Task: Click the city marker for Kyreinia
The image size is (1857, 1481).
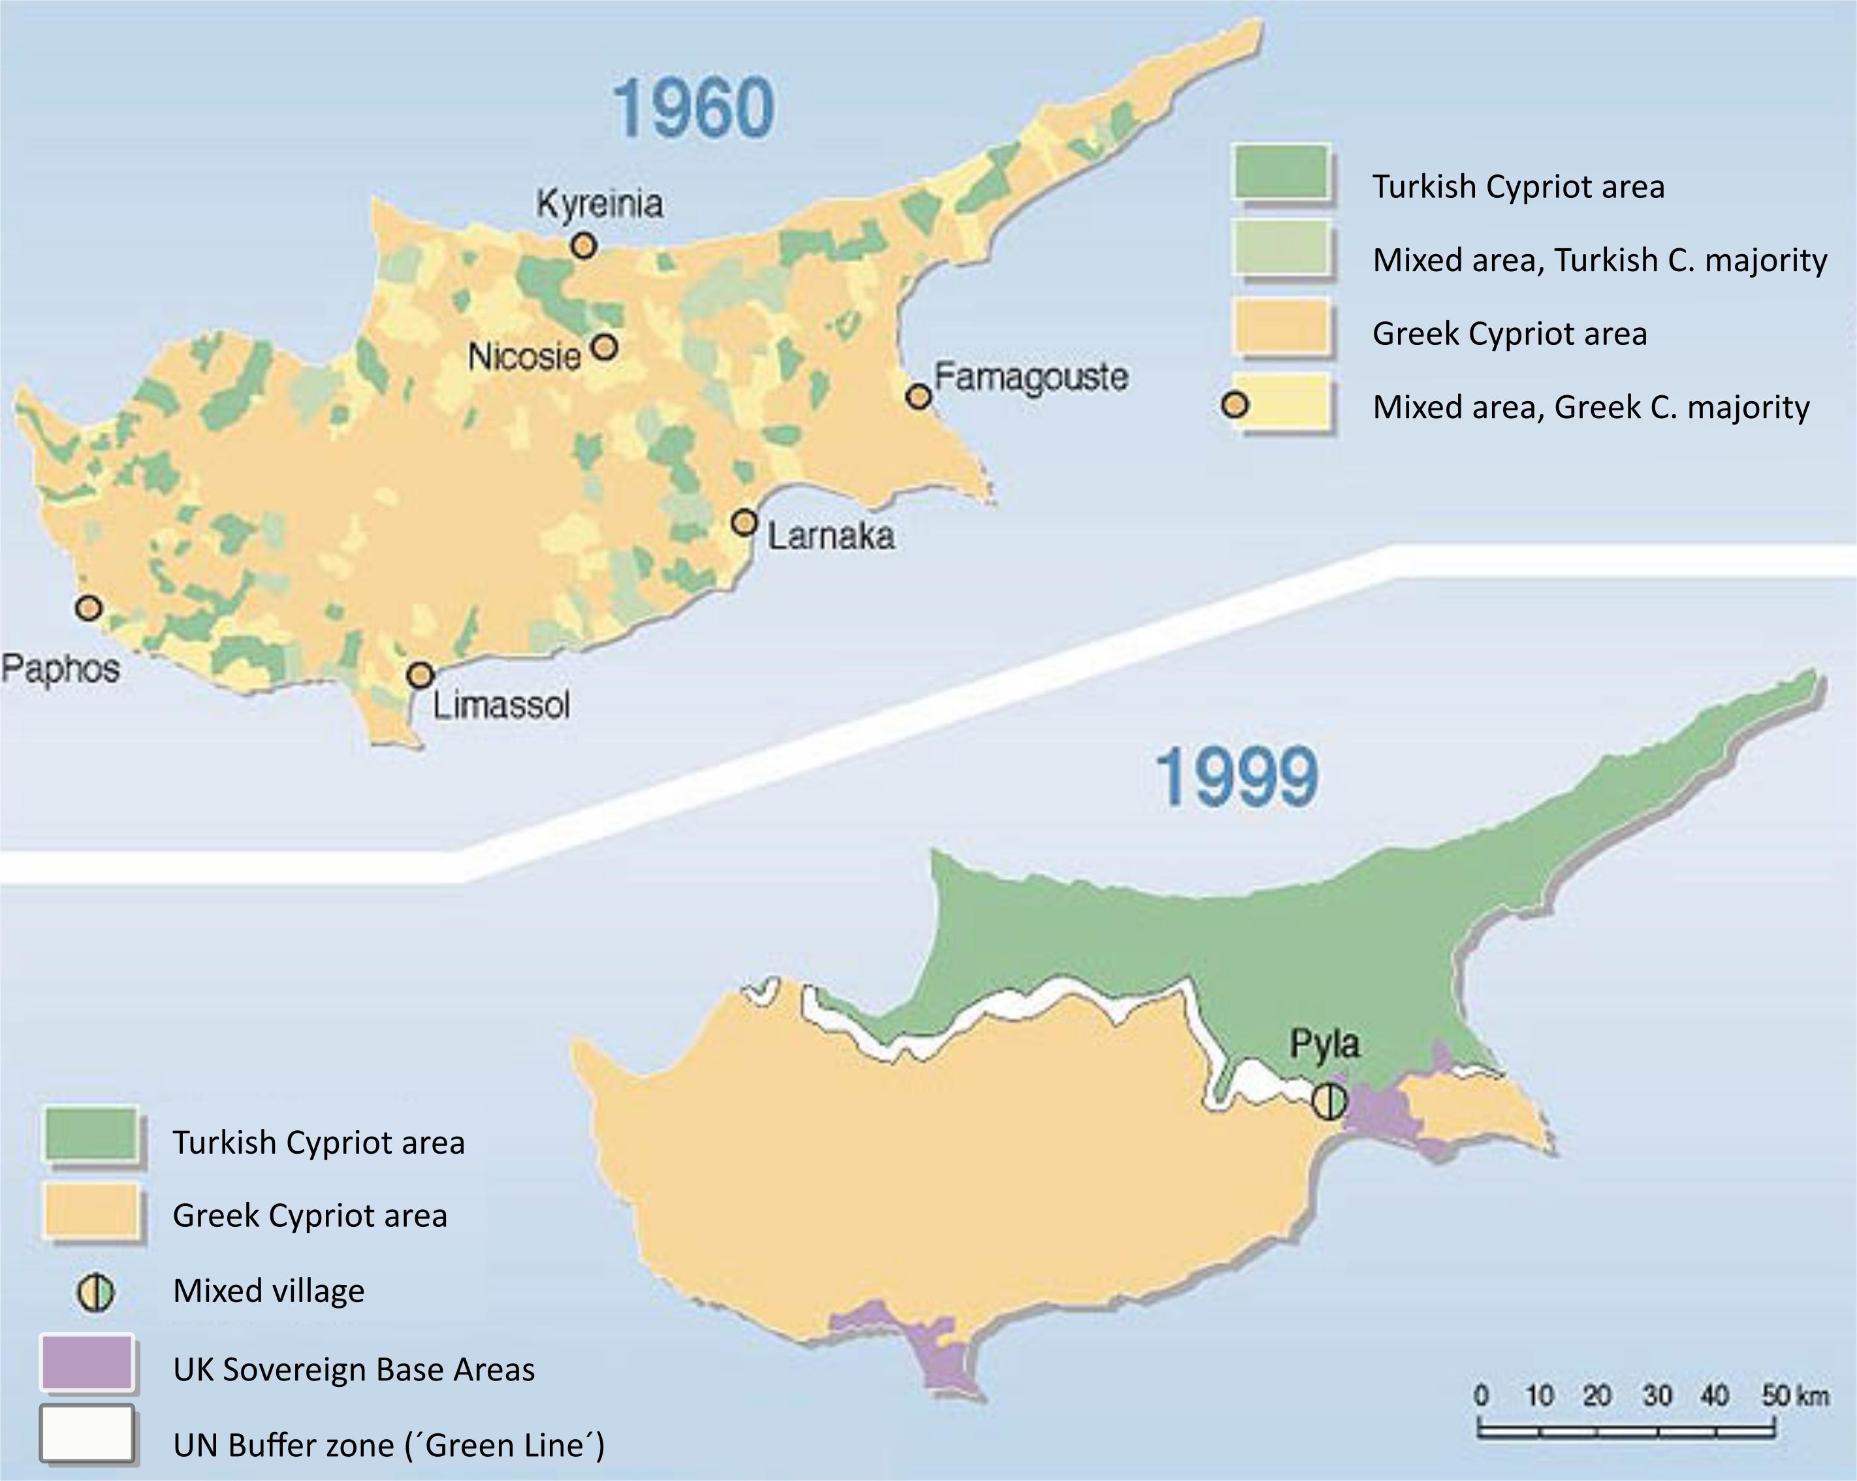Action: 584,246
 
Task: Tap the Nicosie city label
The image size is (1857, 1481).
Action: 524,356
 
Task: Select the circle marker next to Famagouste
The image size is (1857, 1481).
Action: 919,397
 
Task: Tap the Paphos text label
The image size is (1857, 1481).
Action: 60,668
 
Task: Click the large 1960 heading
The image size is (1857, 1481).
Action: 693,108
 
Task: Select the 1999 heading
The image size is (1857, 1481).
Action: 1236,778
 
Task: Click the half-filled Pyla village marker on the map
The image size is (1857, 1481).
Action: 1328,1101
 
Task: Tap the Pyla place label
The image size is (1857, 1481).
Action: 1325,1044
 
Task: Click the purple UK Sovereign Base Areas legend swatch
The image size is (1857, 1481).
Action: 87,1363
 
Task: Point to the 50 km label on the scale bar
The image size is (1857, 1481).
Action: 1795,1395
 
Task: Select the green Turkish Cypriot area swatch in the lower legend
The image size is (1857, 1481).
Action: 91,1134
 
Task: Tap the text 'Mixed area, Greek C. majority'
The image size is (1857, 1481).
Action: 1591,406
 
